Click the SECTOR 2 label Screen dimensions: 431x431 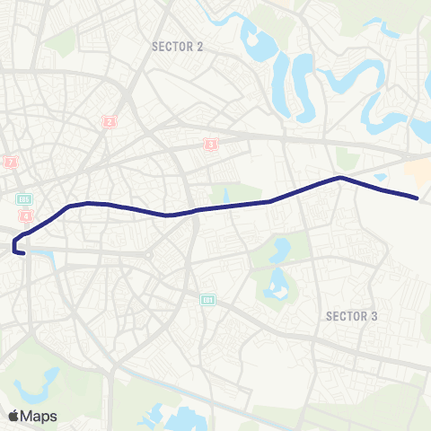click(x=177, y=46)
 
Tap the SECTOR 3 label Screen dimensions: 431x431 click(x=351, y=316)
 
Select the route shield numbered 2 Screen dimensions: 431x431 click(x=110, y=122)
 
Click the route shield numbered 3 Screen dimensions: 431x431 click(x=211, y=143)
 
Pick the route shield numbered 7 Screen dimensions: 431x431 click(x=11, y=163)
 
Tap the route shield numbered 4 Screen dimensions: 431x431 click(x=27, y=216)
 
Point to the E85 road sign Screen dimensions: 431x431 click(x=24, y=199)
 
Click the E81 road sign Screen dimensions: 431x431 click(x=208, y=300)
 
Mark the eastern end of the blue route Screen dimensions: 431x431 click(x=418, y=198)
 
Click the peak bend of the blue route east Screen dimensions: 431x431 click(x=339, y=177)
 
